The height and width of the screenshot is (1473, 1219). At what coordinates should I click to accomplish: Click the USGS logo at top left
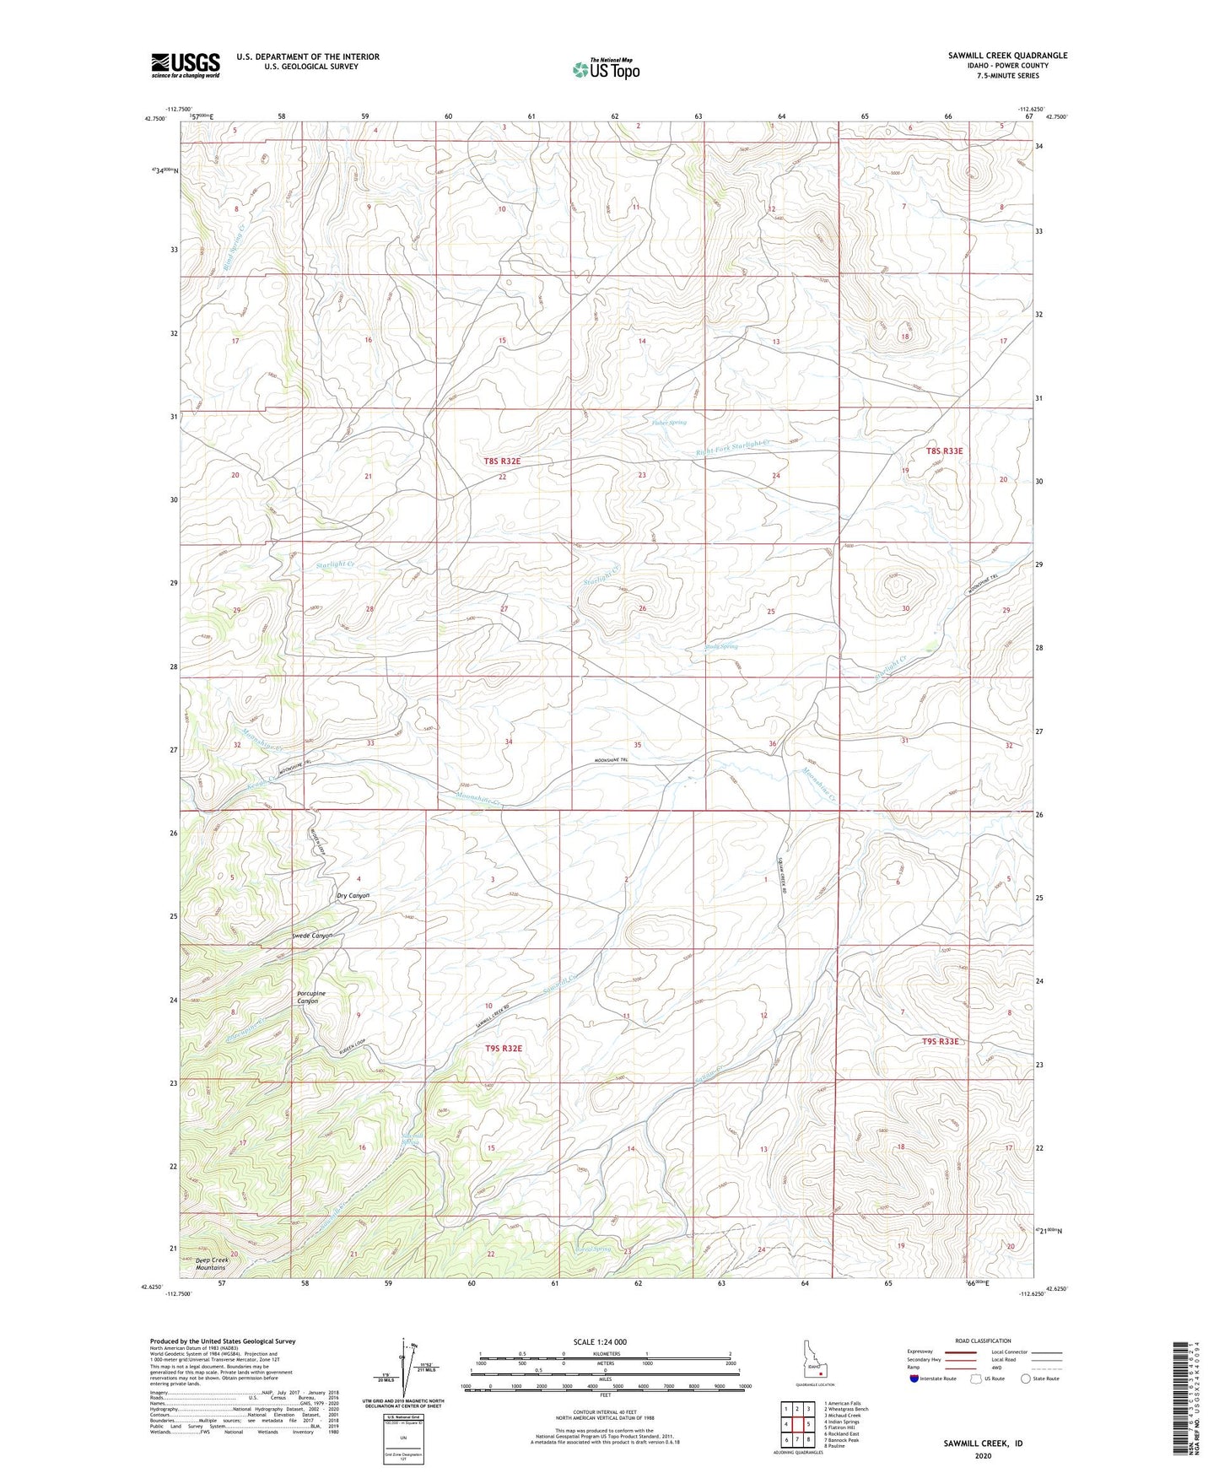coord(185,65)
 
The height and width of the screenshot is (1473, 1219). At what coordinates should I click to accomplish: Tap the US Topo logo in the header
coord(606,69)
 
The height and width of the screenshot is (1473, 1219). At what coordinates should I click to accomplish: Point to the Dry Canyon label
coord(353,895)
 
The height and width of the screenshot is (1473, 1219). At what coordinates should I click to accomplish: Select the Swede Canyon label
coord(311,936)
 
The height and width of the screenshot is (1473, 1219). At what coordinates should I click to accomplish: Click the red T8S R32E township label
coord(503,461)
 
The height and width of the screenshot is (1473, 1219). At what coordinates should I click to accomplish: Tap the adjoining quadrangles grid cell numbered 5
coord(808,1426)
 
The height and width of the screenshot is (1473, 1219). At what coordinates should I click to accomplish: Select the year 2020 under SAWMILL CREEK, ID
coord(983,1455)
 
